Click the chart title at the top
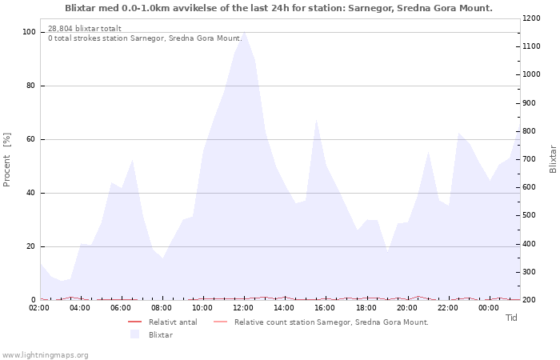[x=278, y=8]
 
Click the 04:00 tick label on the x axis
[x=81, y=307]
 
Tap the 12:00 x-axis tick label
[x=243, y=307]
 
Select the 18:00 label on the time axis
[x=366, y=307]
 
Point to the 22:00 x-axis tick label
[x=447, y=307]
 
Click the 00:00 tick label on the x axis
[x=488, y=307]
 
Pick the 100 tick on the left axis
[x=29, y=32]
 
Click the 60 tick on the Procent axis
[x=31, y=139]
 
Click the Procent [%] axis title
[x=7, y=160]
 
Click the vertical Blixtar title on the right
[x=553, y=158]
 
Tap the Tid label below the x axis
[x=511, y=318]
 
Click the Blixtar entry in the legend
[x=160, y=334]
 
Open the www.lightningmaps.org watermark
[x=45, y=354]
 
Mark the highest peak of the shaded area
[x=244, y=33]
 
